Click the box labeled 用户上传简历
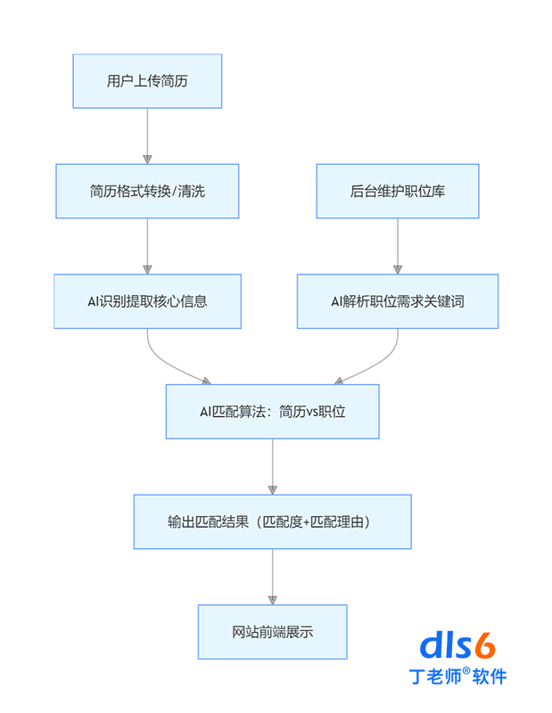click(x=147, y=81)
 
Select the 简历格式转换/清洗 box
click(x=147, y=191)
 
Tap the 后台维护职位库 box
click(x=397, y=191)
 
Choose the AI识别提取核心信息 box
click(x=147, y=301)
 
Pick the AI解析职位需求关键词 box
click(x=397, y=301)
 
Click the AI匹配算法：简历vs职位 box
click(x=273, y=411)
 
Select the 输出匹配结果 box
click(x=273, y=521)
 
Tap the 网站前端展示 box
click(x=273, y=632)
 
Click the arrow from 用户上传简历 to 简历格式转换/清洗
click(x=147, y=135)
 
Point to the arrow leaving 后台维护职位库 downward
click(x=397, y=245)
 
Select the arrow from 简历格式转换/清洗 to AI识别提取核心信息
click(x=147, y=245)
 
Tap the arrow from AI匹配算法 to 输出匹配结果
click(x=273, y=466)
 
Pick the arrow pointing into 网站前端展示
click(x=273, y=577)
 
